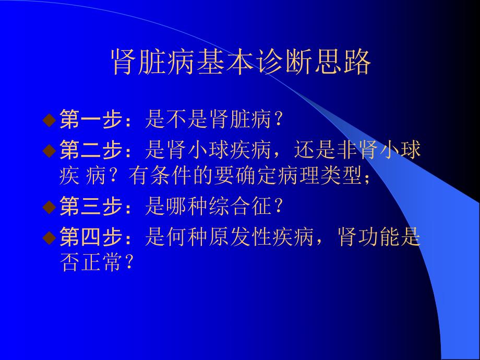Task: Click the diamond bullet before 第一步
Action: [x=49, y=120]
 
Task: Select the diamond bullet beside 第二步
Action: [x=49, y=151]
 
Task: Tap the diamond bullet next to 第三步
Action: [x=49, y=208]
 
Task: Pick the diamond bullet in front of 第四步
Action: [x=49, y=238]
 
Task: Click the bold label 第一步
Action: [x=92, y=121]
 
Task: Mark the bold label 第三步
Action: [x=92, y=208]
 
